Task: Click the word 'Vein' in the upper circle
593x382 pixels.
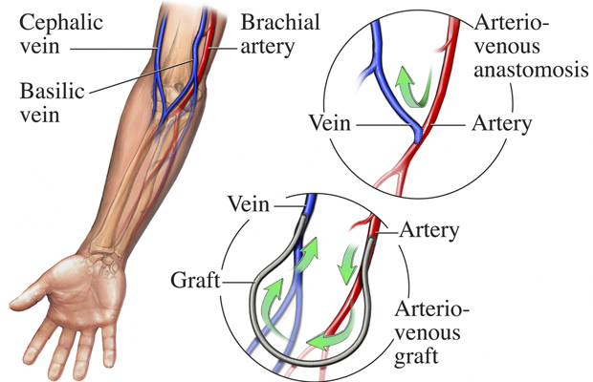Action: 329,124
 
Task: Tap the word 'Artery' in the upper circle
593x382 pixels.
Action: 500,124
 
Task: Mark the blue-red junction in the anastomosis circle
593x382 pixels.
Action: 417,136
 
